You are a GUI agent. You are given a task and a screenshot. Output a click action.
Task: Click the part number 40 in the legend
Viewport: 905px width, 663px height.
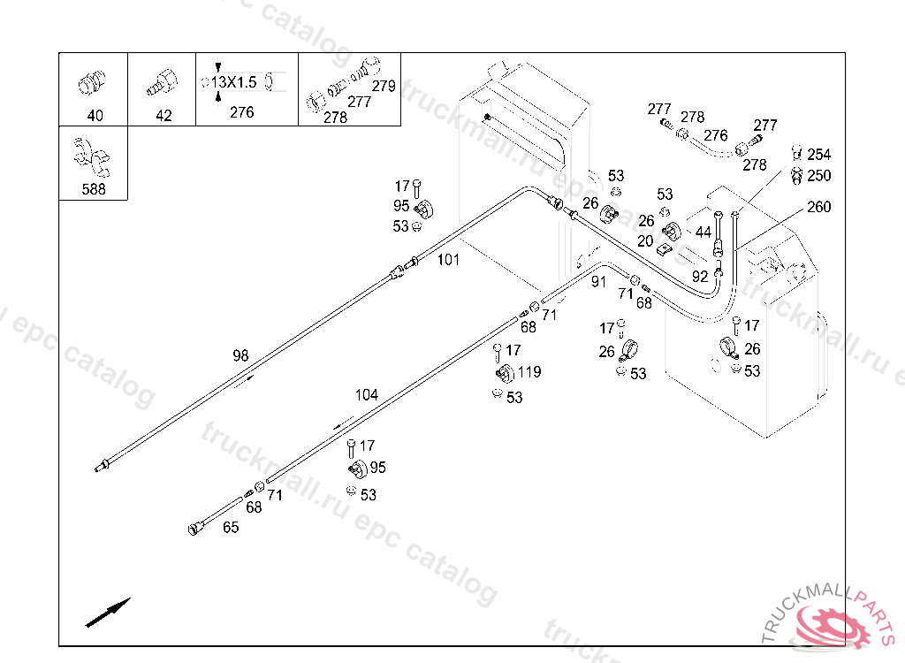(95, 116)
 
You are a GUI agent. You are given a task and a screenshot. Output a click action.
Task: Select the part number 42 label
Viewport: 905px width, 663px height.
(164, 116)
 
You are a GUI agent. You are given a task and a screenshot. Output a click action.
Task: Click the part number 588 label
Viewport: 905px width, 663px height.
(94, 189)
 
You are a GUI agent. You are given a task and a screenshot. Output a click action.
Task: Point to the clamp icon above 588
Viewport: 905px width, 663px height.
(92, 157)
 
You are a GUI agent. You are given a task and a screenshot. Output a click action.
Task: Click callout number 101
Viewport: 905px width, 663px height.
(449, 260)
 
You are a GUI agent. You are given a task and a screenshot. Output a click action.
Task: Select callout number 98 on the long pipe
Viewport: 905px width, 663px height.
(240, 355)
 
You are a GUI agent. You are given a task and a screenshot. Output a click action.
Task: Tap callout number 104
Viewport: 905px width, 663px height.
(366, 395)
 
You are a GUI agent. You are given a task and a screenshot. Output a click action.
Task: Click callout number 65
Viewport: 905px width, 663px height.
(231, 528)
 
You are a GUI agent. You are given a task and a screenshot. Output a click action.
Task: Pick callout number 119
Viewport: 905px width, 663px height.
(529, 372)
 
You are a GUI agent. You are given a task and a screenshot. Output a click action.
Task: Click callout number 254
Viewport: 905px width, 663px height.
(819, 155)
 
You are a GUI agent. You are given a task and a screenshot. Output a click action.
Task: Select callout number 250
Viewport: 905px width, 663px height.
(819, 176)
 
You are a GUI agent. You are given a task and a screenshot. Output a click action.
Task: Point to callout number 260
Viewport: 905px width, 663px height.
(819, 207)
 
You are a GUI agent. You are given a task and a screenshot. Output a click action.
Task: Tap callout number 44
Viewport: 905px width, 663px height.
(703, 232)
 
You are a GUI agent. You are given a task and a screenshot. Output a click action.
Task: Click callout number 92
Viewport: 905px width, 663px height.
(700, 276)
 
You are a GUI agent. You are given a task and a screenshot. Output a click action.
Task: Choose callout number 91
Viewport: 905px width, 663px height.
(599, 281)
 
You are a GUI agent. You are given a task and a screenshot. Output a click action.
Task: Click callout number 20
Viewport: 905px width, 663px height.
(645, 240)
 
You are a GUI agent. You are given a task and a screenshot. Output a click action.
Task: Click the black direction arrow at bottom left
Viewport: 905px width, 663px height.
(108, 613)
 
